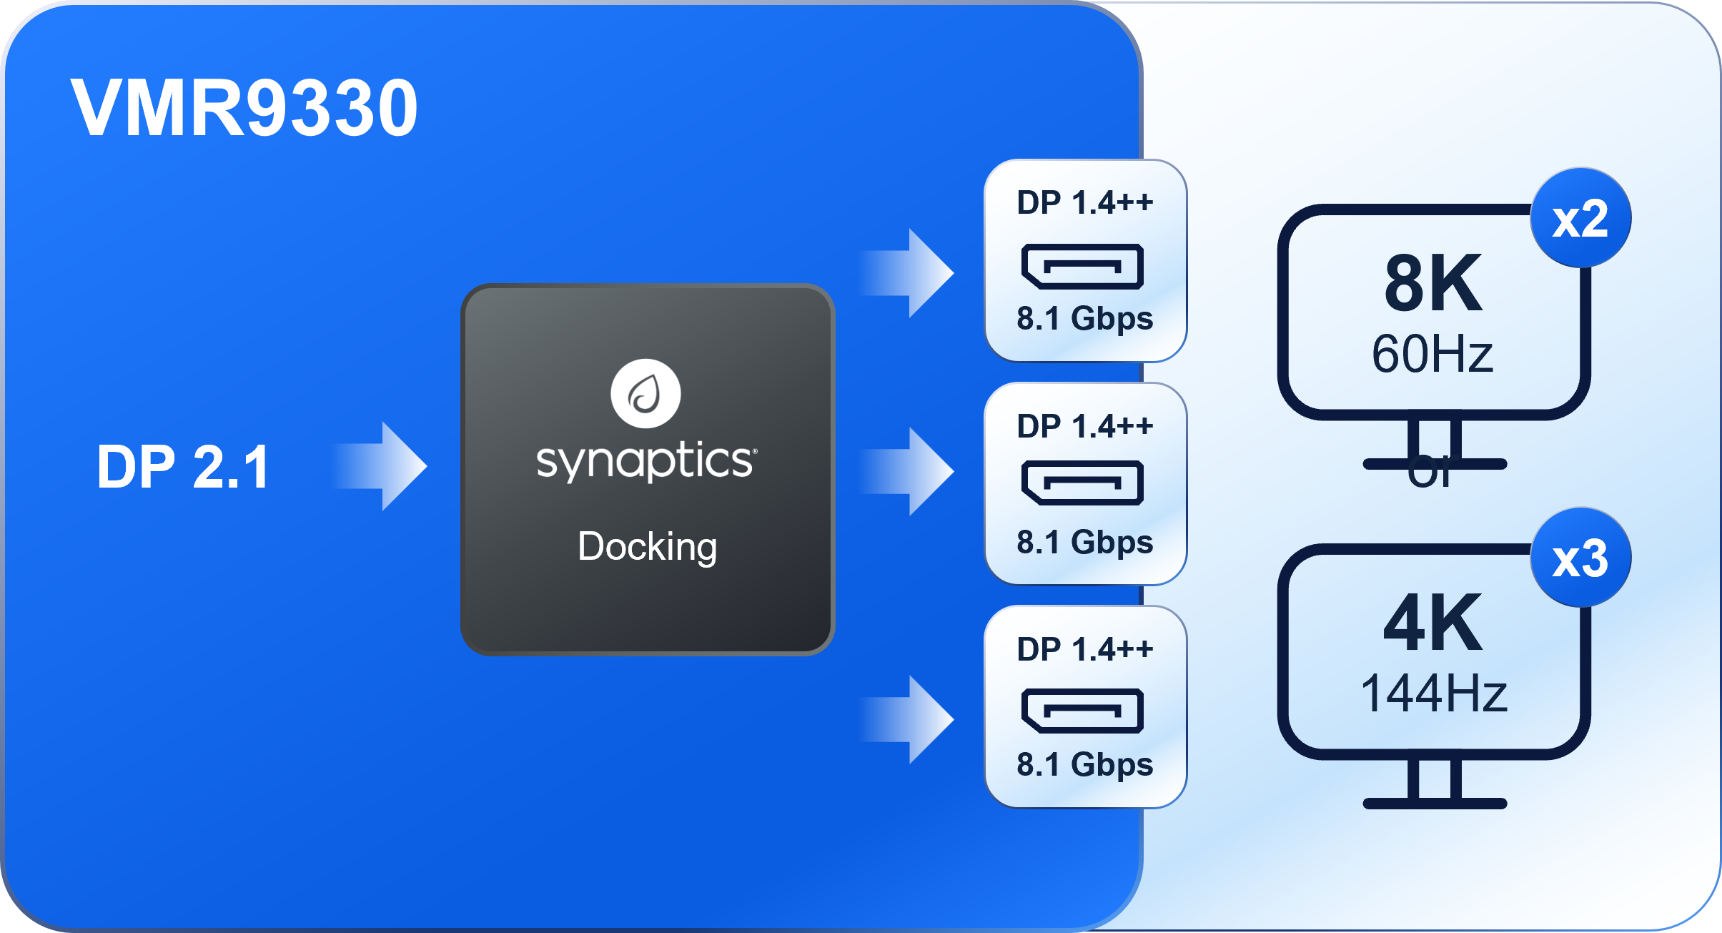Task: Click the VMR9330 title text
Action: [244, 108]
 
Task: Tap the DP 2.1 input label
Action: [183, 467]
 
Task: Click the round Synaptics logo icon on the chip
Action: [645, 394]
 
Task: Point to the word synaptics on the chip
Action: [645, 461]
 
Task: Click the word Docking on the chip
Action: [647, 547]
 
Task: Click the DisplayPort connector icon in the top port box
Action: [1082, 266]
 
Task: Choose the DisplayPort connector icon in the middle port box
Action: [1082, 483]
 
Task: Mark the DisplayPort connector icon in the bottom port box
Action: [1082, 711]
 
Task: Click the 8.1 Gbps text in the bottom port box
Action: [1084, 765]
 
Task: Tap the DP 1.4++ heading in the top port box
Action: [1084, 203]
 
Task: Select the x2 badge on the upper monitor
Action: [1580, 218]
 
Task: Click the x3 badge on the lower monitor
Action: [1580, 558]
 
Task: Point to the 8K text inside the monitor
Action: [1433, 285]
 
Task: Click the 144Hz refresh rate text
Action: [1433, 693]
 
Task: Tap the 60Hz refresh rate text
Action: [1432, 354]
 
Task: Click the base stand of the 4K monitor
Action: [1435, 802]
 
